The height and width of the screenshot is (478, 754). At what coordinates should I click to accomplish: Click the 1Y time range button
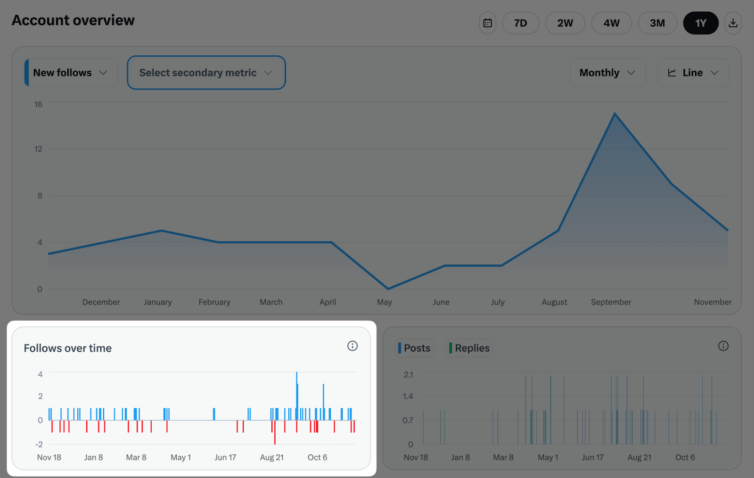click(700, 23)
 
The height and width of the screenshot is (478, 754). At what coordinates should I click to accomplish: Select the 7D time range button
click(520, 23)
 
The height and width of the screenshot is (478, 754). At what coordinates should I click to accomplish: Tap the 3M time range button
click(657, 23)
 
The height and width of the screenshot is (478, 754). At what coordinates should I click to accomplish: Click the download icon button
click(733, 23)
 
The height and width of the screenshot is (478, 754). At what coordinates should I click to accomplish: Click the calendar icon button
click(488, 23)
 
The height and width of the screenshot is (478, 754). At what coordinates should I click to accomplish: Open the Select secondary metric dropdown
click(206, 73)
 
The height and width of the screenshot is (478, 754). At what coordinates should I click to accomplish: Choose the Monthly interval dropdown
click(607, 73)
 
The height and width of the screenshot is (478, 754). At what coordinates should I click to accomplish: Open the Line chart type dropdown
click(693, 73)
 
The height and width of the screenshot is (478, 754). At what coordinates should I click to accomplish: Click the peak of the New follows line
click(615, 114)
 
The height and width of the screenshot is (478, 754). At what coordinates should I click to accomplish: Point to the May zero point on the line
click(388, 288)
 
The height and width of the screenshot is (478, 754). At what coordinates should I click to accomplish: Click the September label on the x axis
click(611, 302)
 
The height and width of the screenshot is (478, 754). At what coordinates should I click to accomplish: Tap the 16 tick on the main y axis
click(38, 104)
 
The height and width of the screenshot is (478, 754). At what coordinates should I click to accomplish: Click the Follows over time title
click(68, 348)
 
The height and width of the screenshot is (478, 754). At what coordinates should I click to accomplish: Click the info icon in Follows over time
click(352, 346)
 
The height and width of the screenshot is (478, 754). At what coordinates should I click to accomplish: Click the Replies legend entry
click(469, 348)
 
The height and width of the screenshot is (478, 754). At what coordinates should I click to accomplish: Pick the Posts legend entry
click(415, 348)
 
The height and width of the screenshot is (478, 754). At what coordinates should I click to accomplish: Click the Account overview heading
click(73, 20)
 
